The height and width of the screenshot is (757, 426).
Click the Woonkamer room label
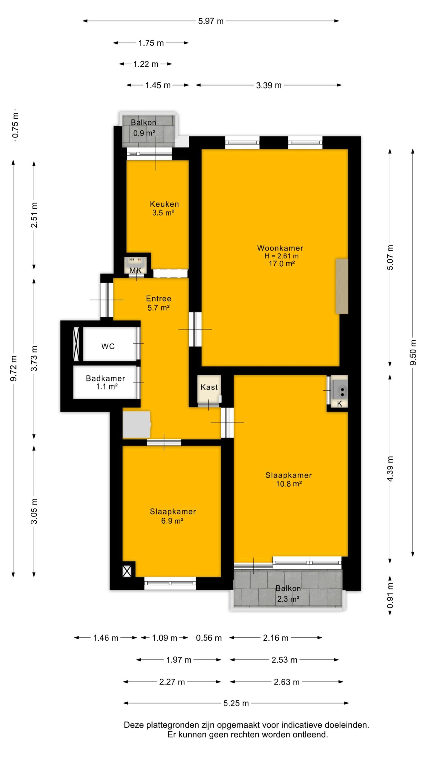coord(280,248)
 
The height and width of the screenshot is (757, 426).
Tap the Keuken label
coord(164,204)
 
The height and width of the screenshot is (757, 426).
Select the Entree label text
coord(159,298)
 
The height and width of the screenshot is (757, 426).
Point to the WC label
coord(108,346)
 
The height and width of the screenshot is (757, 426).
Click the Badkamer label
coord(105,378)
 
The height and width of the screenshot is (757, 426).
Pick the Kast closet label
coord(209,387)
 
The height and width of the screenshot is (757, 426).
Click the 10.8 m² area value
coord(289,484)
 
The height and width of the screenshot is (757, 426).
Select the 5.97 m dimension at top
coord(211,21)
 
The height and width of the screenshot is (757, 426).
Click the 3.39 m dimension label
coord(269,85)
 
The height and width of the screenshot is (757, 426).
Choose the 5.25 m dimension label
coord(236,703)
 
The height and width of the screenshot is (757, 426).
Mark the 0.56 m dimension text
coord(209,638)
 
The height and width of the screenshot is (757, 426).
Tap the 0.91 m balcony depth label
coord(390,596)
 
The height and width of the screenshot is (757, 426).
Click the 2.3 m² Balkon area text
coord(288,599)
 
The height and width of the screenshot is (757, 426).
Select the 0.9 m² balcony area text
coord(144,133)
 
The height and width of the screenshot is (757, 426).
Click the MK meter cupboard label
coord(135,270)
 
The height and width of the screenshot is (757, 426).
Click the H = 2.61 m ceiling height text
coord(281,256)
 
